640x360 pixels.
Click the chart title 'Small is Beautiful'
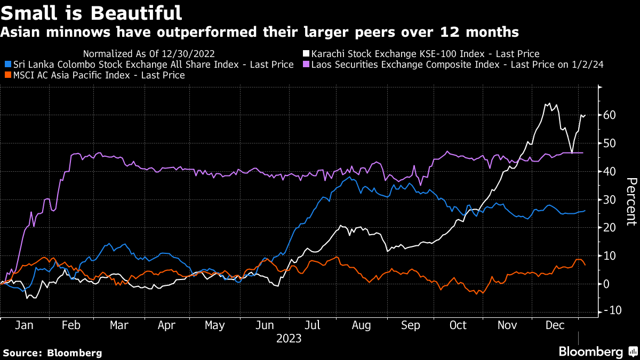click(x=91, y=12)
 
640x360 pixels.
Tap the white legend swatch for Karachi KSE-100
click(x=306, y=54)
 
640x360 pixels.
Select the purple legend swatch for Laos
click(x=306, y=65)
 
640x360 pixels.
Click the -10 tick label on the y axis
click(x=608, y=311)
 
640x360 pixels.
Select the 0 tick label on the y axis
click(x=606, y=284)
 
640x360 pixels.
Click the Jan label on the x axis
click(x=23, y=325)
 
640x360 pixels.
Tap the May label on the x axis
click(x=214, y=325)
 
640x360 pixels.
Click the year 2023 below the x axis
click(x=289, y=339)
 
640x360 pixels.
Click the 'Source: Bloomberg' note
click(x=52, y=353)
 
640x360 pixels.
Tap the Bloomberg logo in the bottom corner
click(x=597, y=351)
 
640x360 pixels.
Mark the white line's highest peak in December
click(x=547, y=104)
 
